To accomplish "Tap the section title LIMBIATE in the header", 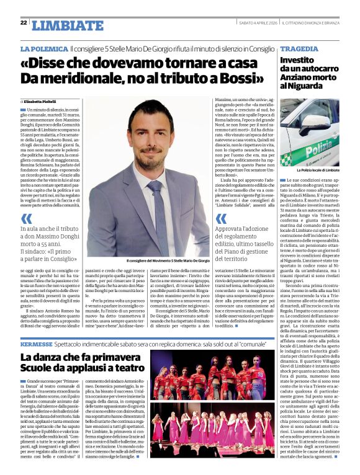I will point(60,25).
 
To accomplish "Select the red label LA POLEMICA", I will point(43,48).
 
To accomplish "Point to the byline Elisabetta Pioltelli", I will point(42,101).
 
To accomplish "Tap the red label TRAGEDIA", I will point(299,48).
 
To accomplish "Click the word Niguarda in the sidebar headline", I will point(302,86).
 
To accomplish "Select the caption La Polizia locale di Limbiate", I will point(318,169).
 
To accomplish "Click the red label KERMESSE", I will point(37,342).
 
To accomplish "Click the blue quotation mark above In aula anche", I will point(27,218).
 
